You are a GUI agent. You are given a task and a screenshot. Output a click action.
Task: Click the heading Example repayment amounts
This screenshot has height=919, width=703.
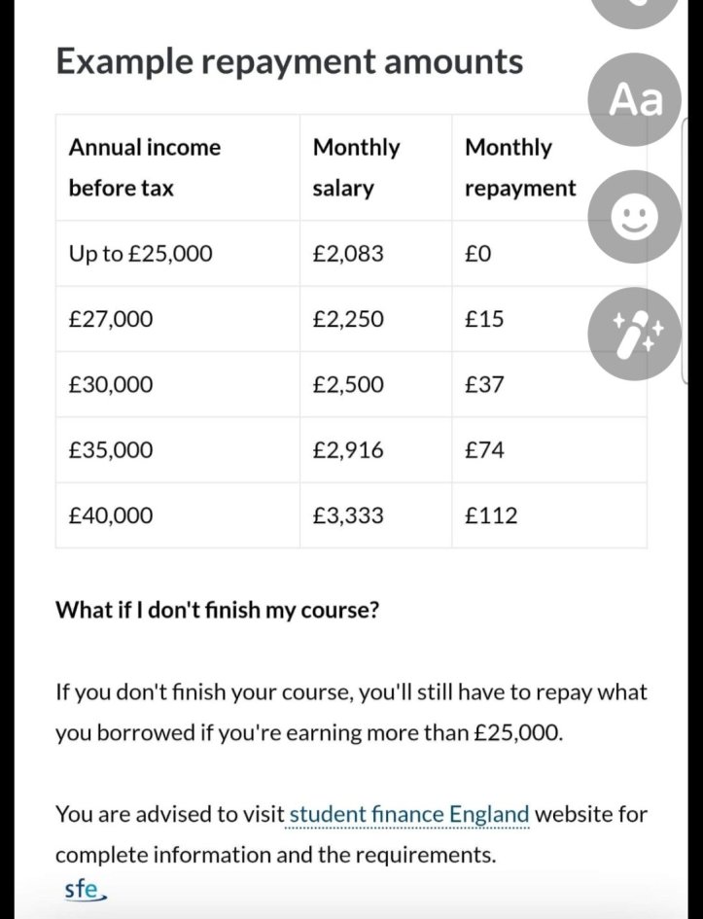(x=289, y=61)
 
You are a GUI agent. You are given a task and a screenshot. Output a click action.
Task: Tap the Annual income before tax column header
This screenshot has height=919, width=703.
(x=144, y=167)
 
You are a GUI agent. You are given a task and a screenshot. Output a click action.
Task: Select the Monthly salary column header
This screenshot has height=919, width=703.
(x=356, y=167)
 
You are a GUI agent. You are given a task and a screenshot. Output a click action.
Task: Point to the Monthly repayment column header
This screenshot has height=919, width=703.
(x=520, y=167)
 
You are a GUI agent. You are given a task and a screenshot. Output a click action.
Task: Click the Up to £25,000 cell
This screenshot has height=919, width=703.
(x=140, y=254)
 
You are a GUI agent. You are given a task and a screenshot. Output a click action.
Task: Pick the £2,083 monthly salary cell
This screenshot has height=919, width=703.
(x=348, y=254)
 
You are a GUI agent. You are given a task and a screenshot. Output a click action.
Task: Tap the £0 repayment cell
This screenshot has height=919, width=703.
(x=478, y=254)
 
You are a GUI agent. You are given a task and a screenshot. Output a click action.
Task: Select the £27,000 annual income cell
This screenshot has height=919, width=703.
(x=111, y=319)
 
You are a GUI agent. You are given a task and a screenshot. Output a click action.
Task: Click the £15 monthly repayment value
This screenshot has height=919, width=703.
(x=484, y=319)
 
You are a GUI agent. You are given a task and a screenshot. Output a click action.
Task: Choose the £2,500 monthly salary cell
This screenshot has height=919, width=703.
(x=348, y=385)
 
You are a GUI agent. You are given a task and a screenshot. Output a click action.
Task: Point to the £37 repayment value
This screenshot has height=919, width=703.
(x=484, y=385)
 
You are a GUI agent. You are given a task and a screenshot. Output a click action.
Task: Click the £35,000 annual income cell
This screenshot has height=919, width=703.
(x=111, y=450)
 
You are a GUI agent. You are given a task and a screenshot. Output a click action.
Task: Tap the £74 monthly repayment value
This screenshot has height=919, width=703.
(x=484, y=450)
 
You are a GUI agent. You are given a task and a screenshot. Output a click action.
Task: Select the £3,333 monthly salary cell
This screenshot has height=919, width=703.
(x=348, y=515)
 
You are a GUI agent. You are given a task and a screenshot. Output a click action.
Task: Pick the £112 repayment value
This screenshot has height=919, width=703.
(x=491, y=515)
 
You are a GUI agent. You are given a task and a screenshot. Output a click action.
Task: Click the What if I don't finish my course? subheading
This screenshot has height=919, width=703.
(x=217, y=611)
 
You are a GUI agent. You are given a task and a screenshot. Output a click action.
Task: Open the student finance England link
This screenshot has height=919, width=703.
(x=409, y=814)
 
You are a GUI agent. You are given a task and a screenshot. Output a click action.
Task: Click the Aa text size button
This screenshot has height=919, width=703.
(x=636, y=99)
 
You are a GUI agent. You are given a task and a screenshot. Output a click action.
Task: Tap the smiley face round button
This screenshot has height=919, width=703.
(x=636, y=218)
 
